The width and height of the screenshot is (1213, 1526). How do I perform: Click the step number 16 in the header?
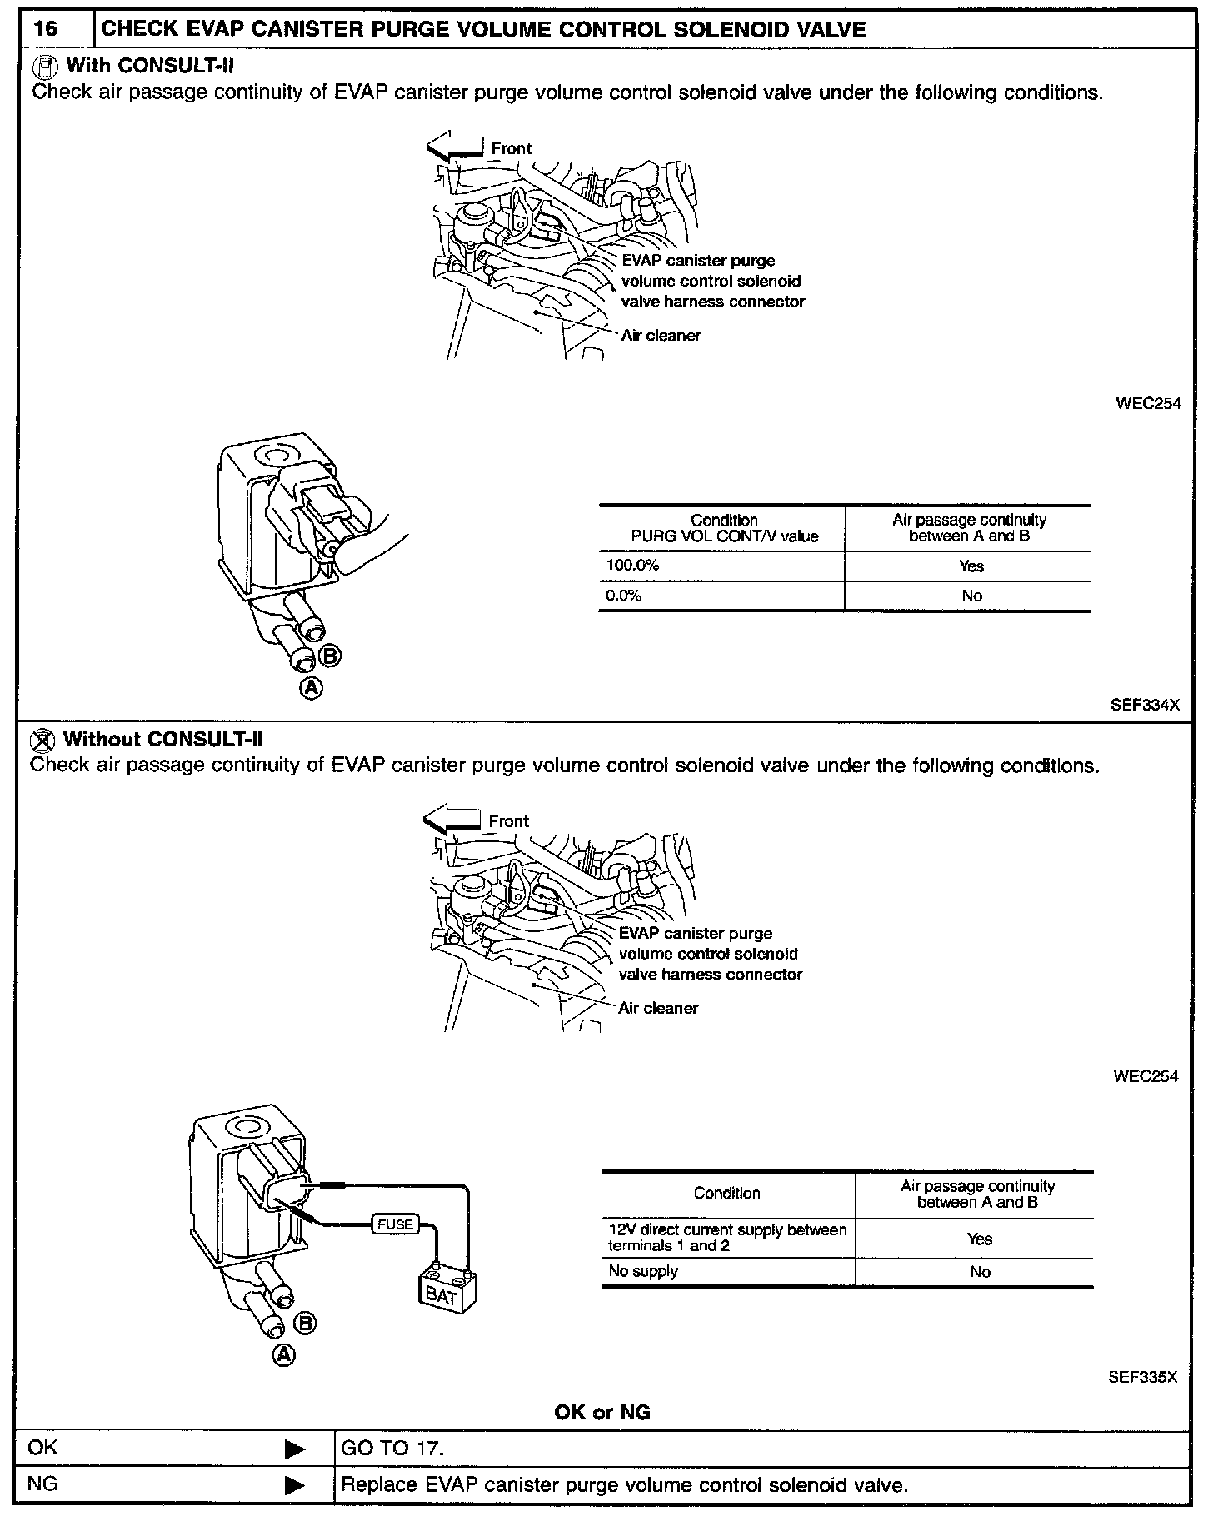coord(46,30)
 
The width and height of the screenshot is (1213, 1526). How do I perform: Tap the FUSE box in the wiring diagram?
coord(395,1224)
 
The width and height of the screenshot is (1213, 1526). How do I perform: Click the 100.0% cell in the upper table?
coord(632,566)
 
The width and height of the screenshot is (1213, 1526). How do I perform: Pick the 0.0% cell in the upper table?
coord(624,596)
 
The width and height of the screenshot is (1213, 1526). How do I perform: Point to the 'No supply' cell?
coord(643,1271)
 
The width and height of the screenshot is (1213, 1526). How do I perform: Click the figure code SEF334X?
coord(1145,705)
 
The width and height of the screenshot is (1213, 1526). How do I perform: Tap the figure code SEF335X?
coord(1142,1377)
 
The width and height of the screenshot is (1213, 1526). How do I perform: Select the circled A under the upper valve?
coord(312,688)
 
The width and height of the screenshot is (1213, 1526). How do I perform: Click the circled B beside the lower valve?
coord(306,1323)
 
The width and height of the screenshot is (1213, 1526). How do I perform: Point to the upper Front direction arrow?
coord(455,146)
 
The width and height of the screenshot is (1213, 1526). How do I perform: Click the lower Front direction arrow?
coord(452,819)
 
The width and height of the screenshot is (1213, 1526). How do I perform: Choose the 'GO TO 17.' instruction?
coord(392,1448)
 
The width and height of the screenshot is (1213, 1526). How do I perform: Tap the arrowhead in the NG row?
coord(295,1484)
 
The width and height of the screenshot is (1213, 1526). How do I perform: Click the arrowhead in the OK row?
coord(295,1449)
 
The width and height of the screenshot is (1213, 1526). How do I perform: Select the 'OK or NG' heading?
coord(602,1412)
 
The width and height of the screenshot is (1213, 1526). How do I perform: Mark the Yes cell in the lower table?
coord(979,1239)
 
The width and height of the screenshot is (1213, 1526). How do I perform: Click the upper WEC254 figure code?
coord(1148,403)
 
